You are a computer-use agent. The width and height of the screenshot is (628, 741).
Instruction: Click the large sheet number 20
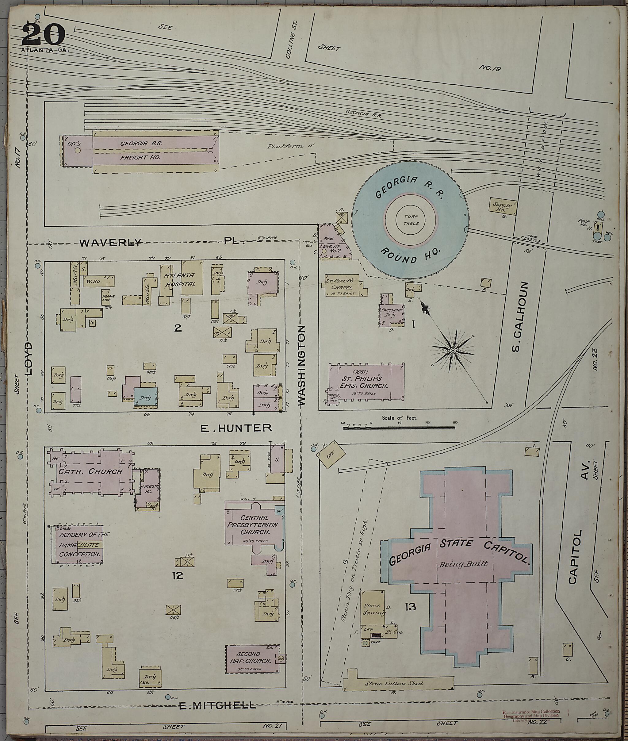tap(44, 35)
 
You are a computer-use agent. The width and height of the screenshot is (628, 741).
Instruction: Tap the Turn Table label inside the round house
tap(411, 220)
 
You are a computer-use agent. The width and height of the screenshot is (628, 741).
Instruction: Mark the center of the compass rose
tap(453, 351)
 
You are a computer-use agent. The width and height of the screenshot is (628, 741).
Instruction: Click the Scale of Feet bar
tap(400, 427)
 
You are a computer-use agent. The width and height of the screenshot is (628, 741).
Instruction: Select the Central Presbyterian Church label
tap(254, 524)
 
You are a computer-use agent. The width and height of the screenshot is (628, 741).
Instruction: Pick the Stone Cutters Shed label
tap(394, 683)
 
